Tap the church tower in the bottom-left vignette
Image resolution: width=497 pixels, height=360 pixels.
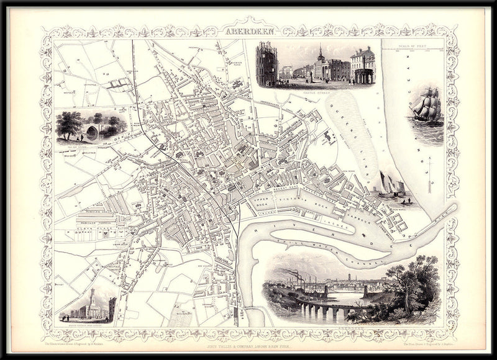coord(91,297)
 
